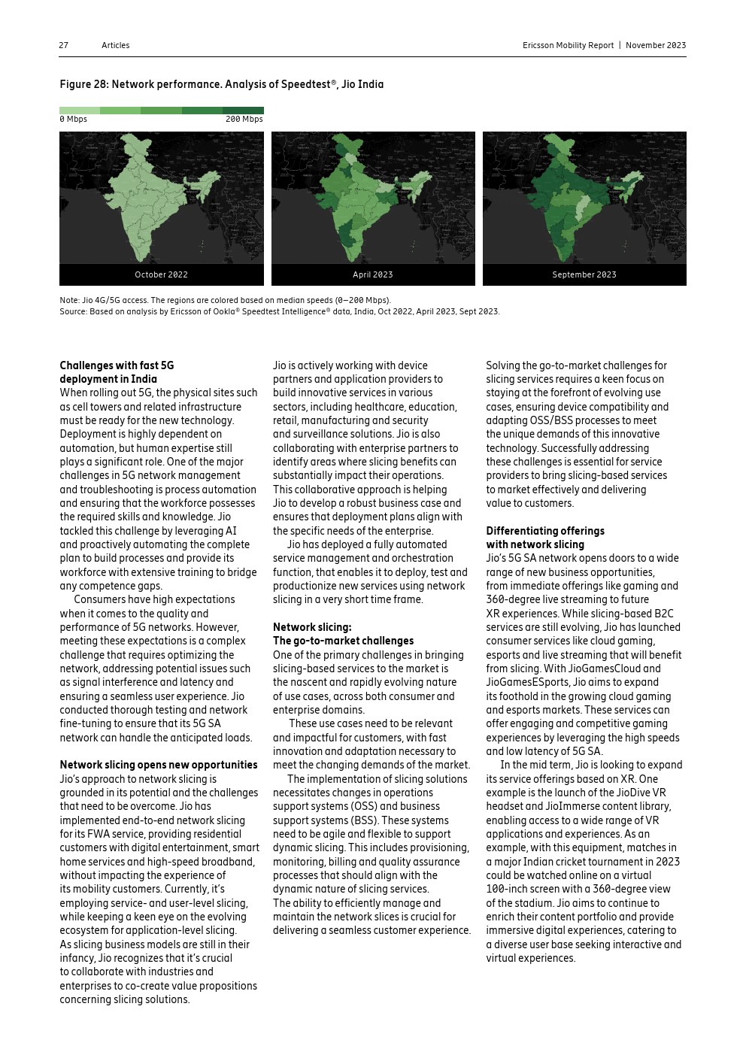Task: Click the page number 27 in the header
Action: tap(64, 45)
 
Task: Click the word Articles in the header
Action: tap(115, 45)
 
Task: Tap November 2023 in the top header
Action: tap(656, 45)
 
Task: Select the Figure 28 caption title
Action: tap(221, 84)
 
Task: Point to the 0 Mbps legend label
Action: tap(73, 119)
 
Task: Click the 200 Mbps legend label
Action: tap(244, 119)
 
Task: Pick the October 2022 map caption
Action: tap(161, 274)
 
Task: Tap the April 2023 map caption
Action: tap(372, 274)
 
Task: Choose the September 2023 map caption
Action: tap(584, 274)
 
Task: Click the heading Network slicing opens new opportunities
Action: tap(159, 765)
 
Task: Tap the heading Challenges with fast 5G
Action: tap(117, 365)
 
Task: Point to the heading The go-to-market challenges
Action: tap(343, 641)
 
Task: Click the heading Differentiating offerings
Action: tap(544, 531)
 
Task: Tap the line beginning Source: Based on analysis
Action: tap(279, 311)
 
